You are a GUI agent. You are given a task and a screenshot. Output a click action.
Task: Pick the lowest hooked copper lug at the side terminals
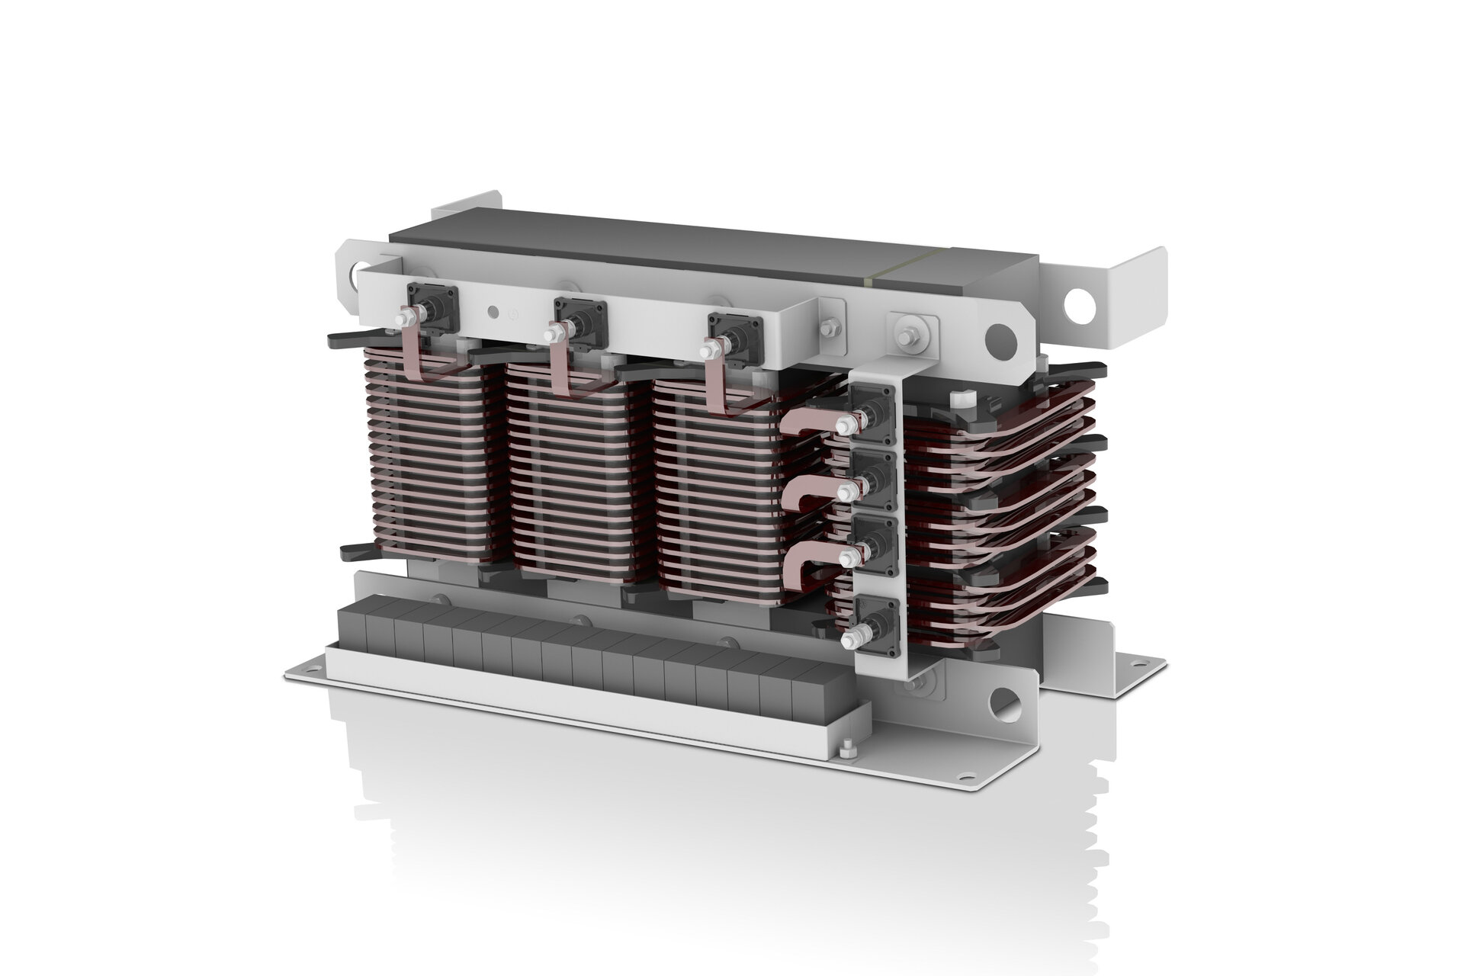tap(807, 565)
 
